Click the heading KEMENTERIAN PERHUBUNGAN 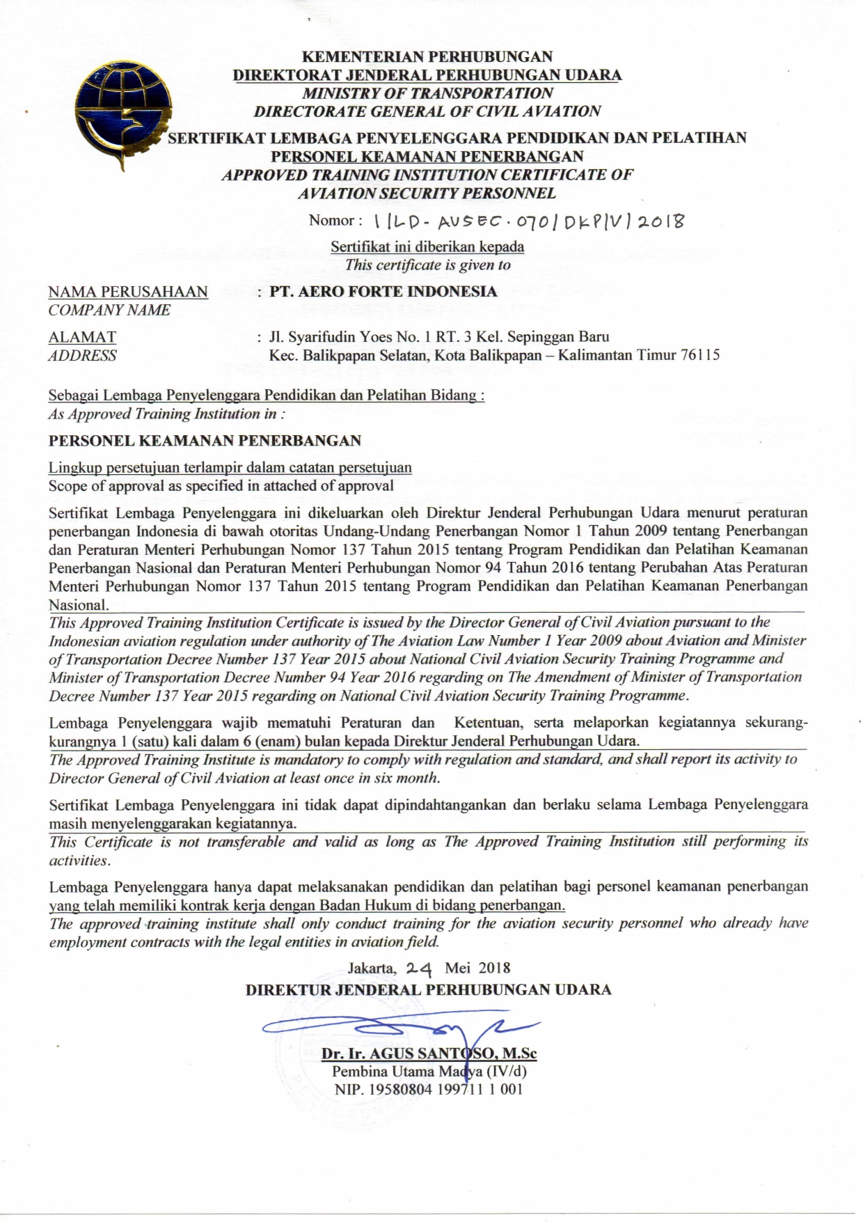(x=427, y=56)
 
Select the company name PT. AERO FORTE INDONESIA (x=383, y=292)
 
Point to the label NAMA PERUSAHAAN (x=128, y=292)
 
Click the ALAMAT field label (x=82, y=338)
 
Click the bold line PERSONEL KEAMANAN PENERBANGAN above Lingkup (x=205, y=441)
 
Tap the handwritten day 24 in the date (x=419, y=968)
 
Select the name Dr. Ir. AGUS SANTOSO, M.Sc (x=429, y=1053)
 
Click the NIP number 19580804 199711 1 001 (x=428, y=1090)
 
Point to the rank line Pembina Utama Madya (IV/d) (x=429, y=1072)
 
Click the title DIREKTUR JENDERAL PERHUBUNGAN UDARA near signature (x=428, y=990)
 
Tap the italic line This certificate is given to (x=427, y=265)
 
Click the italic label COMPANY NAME (x=109, y=311)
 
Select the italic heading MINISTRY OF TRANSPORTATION (x=427, y=93)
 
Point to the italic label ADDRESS (x=82, y=356)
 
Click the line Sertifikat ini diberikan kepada (x=427, y=246)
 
